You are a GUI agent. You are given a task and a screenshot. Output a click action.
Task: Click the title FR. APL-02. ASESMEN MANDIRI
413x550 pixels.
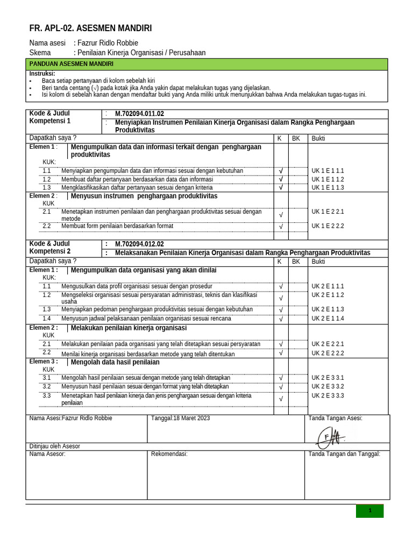pos(90,28)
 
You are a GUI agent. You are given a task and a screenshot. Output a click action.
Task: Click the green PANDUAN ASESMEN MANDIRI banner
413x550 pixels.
pos(207,64)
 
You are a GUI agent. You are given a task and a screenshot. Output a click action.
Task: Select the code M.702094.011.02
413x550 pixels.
pos(139,114)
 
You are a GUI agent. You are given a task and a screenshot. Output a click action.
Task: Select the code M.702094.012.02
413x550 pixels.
pos(139,244)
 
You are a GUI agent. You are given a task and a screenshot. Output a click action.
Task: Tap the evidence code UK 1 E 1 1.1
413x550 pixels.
pos(327,171)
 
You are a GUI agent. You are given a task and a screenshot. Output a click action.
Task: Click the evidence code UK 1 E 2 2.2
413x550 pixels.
pos(327,226)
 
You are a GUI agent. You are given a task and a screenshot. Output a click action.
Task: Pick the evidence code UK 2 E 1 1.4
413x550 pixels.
pos(327,319)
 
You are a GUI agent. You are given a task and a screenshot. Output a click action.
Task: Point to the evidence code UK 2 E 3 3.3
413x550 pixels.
pos(327,396)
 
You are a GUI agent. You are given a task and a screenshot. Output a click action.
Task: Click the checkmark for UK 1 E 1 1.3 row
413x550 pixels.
pos(281,187)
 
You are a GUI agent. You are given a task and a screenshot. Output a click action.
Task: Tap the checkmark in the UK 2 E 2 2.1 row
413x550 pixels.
pos(281,344)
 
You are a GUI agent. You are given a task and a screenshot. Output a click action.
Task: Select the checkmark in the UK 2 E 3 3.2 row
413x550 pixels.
pos(281,387)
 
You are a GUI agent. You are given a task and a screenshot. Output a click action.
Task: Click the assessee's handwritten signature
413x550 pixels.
pos(330,435)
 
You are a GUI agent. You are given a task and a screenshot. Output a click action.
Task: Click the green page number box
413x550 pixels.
pos(369,511)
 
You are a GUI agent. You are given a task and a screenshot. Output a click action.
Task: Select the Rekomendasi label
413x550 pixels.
pos(169,454)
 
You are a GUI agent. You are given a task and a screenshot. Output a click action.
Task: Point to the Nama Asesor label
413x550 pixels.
pos(47,454)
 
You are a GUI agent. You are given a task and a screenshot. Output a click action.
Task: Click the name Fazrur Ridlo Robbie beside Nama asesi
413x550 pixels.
pos(108,43)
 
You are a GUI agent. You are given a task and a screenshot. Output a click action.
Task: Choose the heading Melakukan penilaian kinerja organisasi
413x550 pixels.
pos(129,328)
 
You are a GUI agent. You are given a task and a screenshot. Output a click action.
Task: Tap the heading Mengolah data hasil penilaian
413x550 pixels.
pos(115,362)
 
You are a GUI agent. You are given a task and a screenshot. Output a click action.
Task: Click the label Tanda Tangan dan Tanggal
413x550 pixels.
pos(344,454)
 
